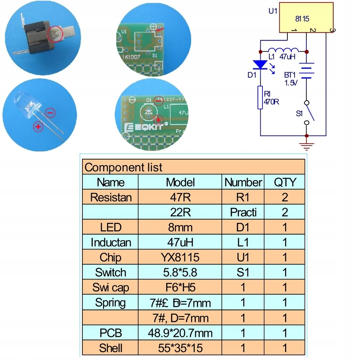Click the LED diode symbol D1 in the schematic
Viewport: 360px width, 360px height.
point(260,65)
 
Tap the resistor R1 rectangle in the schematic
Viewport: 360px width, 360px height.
point(260,97)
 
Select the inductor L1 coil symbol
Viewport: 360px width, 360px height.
point(283,50)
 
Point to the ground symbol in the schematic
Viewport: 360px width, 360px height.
point(306,146)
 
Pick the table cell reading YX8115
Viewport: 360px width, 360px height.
point(180,257)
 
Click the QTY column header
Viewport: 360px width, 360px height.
point(284,182)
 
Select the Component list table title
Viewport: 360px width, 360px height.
point(123,167)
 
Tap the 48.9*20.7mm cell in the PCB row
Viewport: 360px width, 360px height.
point(180,333)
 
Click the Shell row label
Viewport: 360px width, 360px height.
point(111,348)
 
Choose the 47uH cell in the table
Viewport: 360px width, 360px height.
point(180,242)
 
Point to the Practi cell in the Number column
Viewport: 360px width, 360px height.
point(243,212)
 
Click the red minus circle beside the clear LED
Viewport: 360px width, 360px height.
point(51,113)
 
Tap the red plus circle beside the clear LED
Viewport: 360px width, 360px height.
point(37,126)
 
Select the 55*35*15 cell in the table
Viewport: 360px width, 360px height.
point(180,348)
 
